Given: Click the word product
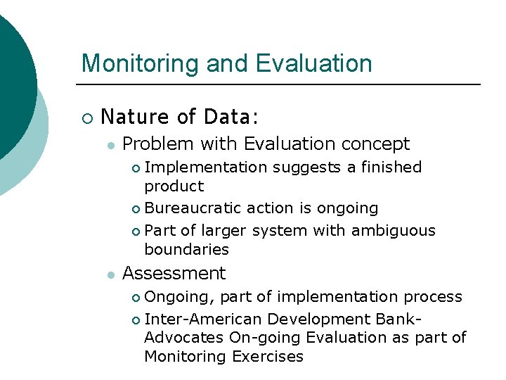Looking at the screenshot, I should coord(174,186).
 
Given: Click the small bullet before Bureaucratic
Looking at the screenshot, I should coord(136,209).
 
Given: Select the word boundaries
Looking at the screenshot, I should coord(186,249).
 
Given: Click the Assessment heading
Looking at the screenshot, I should coord(174,273).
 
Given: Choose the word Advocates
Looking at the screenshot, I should coord(184,337).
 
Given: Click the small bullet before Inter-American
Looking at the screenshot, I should coord(136,319).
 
